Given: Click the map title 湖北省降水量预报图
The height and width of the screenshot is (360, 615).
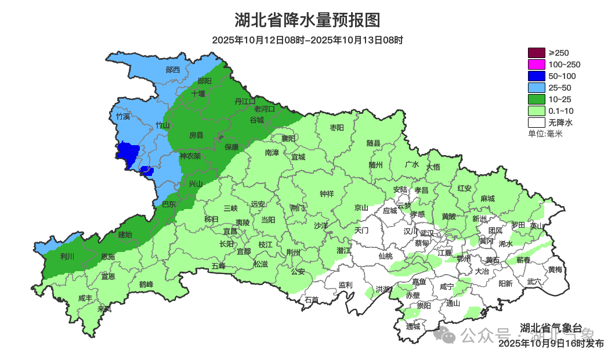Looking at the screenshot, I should [307, 20].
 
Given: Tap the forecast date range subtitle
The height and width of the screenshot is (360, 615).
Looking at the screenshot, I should [307, 40].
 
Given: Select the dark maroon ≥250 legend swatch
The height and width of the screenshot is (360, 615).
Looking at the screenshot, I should [537, 53].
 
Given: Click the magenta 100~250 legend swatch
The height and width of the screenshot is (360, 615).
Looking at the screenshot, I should [537, 64].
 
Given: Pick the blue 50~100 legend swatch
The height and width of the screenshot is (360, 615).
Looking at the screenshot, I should [537, 76].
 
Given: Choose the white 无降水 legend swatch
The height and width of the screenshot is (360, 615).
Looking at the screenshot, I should [537, 123].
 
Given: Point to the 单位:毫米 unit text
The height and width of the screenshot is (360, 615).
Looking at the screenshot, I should [545, 134].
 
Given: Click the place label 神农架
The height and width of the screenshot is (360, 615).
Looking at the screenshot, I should [190, 156].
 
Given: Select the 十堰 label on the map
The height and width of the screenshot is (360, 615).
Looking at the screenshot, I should [198, 93].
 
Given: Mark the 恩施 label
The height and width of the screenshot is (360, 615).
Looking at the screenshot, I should [108, 257].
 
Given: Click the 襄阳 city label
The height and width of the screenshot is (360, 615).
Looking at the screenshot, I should [288, 138].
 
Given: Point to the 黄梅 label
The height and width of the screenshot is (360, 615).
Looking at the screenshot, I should [555, 269].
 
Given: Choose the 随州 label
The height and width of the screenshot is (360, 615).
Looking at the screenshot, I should [375, 165].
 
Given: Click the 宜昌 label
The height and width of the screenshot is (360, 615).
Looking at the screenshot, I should [230, 231].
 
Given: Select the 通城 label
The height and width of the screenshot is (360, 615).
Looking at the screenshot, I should [413, 326].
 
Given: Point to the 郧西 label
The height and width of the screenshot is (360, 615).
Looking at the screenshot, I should [173, 70].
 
